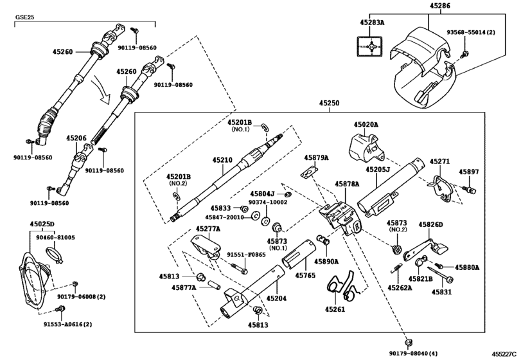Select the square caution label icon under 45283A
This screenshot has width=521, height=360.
pos(371,47)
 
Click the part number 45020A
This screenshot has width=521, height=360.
pos(366,125)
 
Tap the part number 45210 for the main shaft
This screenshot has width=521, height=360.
pos(222,159)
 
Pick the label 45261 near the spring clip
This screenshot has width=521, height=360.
pos(335,309)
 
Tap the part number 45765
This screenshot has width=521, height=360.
pos(305,275)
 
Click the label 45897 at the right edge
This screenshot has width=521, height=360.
pos(469,172)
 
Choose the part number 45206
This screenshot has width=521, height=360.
pos(75,138)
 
